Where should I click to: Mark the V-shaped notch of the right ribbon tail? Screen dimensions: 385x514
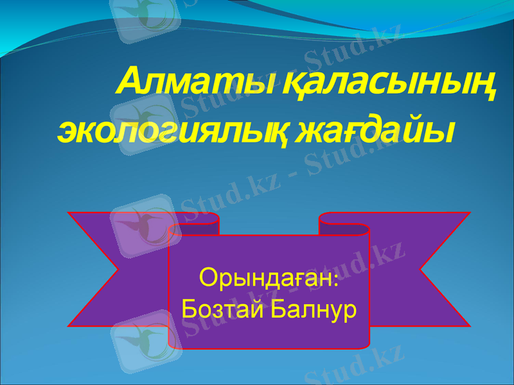tap(421, 269)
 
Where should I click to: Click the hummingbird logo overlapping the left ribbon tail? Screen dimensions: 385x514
tap(141, 224)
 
